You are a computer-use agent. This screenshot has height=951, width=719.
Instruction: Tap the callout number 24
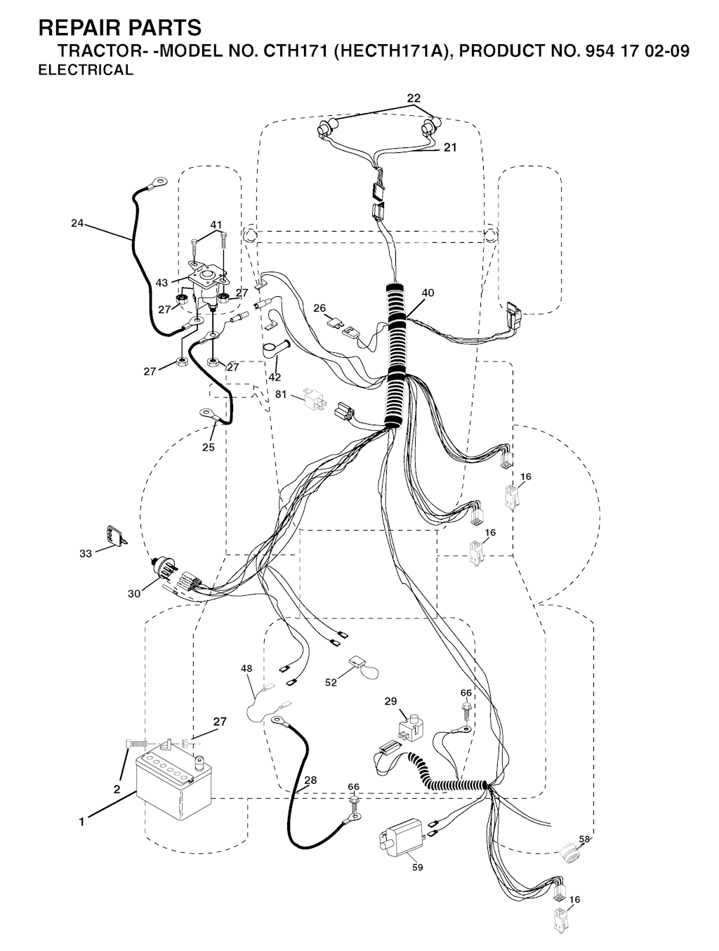point(77,223)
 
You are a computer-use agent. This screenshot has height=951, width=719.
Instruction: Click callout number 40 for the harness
point(428,293)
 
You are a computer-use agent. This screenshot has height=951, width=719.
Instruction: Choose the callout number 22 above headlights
point(414,98)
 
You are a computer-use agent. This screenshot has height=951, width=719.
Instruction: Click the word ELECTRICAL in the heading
point(86,70)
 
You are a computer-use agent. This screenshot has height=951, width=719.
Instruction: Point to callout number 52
point(331,682)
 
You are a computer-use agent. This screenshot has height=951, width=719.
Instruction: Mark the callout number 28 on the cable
point(311,780)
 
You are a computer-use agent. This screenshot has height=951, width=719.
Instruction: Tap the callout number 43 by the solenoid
point(161,283)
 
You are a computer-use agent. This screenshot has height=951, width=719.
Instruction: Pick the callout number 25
point(209,447)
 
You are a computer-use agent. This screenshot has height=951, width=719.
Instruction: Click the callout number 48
point(246,669)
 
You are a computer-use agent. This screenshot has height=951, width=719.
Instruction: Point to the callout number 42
point(275,377)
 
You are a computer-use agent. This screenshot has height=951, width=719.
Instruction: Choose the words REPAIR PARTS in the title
point(120,27)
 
